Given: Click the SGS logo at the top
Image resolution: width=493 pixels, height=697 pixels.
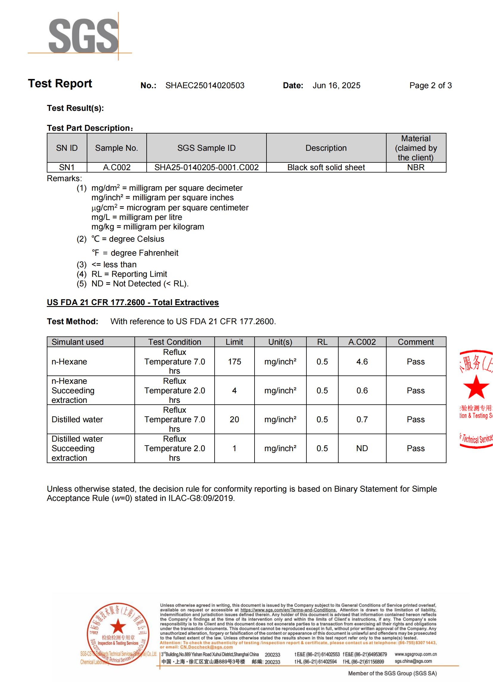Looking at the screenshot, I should click(83, 35).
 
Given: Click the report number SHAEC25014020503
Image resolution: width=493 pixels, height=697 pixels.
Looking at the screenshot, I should click(204, 86).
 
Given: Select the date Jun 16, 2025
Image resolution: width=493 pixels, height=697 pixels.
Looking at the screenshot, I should click(336, 86).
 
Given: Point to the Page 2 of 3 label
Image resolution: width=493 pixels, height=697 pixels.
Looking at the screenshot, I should click(430, 86).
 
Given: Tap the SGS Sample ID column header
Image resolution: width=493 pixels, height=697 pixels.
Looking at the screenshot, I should click(206, 148).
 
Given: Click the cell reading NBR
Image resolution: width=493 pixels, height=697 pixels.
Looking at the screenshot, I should click(416, 167).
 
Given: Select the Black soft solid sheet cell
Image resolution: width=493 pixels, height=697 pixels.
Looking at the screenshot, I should click(326, 167).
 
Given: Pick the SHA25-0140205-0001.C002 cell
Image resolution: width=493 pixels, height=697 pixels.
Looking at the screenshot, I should click(206, 167).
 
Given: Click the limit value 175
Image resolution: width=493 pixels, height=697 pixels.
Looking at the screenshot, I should click(234, 361).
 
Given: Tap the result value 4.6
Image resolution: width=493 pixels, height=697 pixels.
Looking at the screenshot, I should click(362, 361).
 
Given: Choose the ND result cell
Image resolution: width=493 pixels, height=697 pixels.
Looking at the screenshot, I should click(362, 448).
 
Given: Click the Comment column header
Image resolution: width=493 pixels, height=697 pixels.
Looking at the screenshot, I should click(416, 342).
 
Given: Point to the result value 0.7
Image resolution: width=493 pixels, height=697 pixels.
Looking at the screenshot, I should click(362, 420).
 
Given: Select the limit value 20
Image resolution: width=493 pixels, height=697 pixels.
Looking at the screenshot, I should click(234, 420).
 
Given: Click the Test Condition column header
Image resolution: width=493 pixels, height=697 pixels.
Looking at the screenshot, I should click(175, 342).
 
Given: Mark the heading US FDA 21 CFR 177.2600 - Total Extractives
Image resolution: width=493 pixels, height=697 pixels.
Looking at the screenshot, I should click(133, 302).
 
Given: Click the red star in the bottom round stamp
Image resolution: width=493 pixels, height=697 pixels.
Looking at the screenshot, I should click(118, 626).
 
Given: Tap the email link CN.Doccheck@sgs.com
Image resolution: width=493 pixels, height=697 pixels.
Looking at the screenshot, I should click(207, 647).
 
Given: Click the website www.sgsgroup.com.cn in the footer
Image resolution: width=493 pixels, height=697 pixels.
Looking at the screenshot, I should click(416, 654).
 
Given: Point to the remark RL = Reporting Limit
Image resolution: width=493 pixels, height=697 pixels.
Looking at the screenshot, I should click(129, 274).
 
